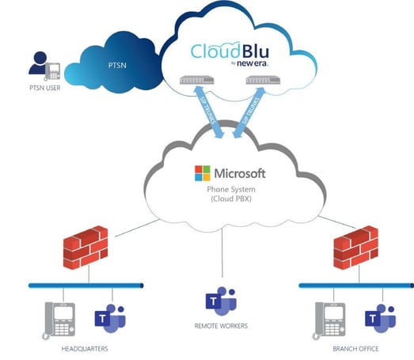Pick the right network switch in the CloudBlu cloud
coord(263,81)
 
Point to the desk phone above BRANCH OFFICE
coord(329,319)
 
